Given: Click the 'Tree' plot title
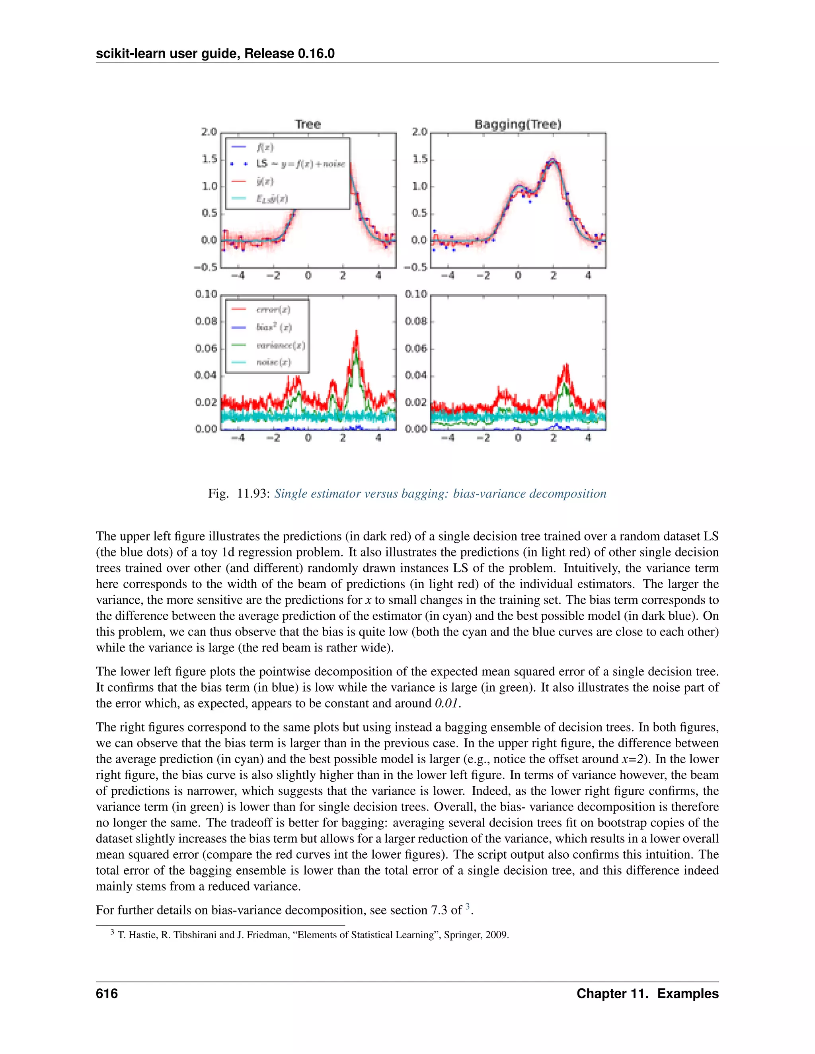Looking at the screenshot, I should [308, 124].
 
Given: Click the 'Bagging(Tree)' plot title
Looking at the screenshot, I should [518, 124].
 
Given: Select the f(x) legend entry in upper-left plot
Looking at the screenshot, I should [265, 147].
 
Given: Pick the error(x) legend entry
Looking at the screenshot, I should [273, 309].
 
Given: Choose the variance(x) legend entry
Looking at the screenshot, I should [280, 345].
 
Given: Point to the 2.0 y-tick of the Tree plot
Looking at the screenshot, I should [209, 132].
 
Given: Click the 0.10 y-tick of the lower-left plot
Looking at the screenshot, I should [206, 294].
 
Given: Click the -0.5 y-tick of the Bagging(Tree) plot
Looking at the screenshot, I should [416, 267].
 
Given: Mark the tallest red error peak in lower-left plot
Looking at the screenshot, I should [356, 333].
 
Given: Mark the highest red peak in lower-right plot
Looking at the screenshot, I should [566, 366].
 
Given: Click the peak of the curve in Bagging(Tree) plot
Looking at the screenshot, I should [553, 160].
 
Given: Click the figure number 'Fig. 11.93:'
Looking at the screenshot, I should [238, 494].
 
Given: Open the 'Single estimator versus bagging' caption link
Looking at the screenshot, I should [440, 494].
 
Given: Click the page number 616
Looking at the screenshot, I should [107, 994].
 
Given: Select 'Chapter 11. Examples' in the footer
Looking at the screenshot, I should [647, 994].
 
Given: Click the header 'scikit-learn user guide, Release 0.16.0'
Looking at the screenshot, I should [215, 54].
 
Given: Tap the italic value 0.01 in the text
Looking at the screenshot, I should [446, 703].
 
